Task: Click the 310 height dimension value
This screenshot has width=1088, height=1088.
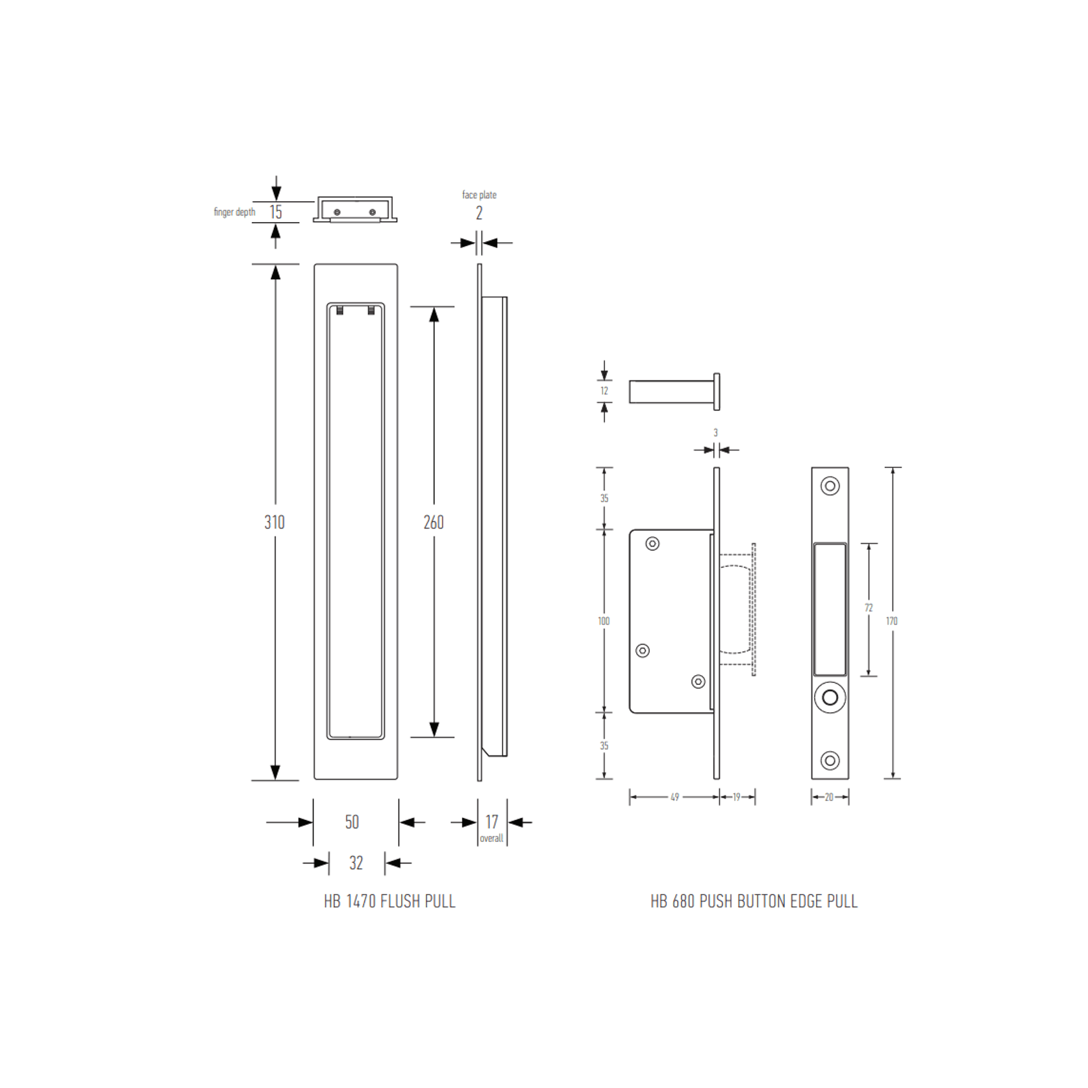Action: click(275, 522)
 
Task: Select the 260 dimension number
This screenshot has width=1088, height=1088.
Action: click(434, 522)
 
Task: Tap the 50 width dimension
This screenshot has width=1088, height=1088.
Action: click(352, 822)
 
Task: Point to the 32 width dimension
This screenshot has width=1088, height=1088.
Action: click(356, 863)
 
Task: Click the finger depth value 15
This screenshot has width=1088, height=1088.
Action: click(276, 212)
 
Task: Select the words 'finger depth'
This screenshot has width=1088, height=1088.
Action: click(234, 212)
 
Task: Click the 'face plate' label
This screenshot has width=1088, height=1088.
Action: click(479, 195)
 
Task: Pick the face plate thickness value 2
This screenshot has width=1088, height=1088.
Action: click(479, 213)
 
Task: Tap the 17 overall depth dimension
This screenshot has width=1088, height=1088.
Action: click(491, 822)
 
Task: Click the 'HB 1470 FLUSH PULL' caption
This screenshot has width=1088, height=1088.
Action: click(389, 901)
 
